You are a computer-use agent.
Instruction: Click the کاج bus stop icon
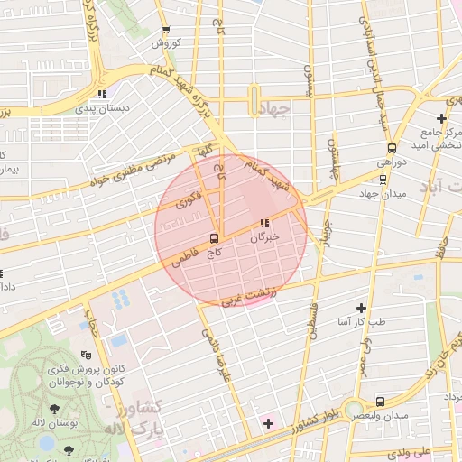[x=214, y=239]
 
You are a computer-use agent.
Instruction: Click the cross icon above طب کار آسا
[x=362, y=308]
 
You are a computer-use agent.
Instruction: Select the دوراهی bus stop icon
[x=392, y=148]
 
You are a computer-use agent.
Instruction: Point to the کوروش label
[x=167, y=42]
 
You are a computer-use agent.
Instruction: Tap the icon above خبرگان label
[x=264, y=223]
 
